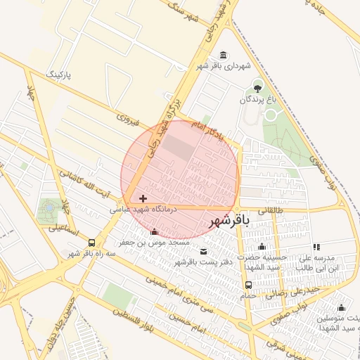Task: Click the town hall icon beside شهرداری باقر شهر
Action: [224, 56]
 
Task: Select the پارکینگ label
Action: [60, 74]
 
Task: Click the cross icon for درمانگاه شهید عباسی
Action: [143, 199]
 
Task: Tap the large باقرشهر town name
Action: [229, 221]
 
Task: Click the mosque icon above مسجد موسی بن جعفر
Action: [155, 232]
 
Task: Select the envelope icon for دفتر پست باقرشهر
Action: [204, 252]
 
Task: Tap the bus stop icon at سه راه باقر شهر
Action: [91, 243]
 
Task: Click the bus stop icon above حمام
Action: [248, 285]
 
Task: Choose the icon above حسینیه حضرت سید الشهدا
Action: [262, 246]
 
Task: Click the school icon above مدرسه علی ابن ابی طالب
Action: [316, 247]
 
